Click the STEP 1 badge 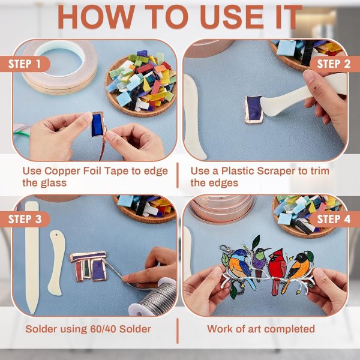point(25,64)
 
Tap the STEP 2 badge point(334,64)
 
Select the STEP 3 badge point(25,219)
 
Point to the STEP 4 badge point(334,219)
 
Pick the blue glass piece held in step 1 point(97,124)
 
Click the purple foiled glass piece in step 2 point(253,110)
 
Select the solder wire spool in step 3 point(154,298)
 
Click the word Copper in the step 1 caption point(62,171)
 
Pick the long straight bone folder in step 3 point(32,257)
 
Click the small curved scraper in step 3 point(56,263)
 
